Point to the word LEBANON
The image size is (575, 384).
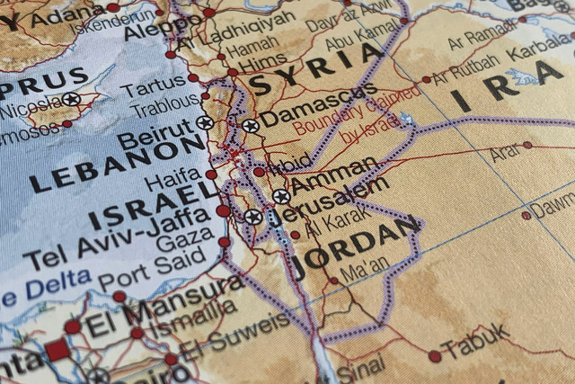117,165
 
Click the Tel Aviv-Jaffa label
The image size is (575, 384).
118,238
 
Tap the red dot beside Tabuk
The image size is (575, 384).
436,356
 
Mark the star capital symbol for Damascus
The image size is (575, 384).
250,126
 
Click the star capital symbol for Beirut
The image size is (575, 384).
205,123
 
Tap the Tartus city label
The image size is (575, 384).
153,89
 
